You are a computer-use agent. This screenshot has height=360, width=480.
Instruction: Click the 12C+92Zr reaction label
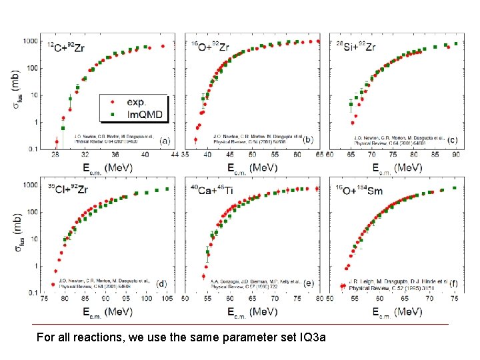pyautogui.click(x=66, y=47)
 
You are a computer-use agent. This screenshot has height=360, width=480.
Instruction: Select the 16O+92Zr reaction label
pyautogui.click(x=210, y=47)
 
